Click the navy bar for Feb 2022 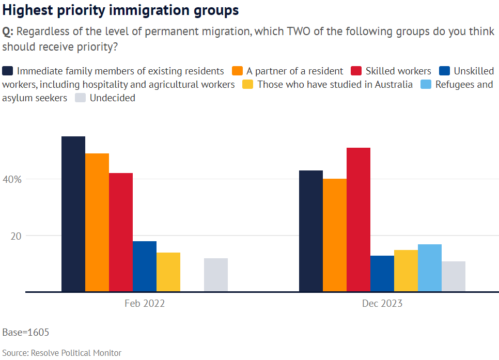(73, 214)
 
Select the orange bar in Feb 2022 (97, 222)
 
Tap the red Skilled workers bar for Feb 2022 (121, 232)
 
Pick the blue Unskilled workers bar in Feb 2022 (145, 266)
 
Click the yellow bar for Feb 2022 (168, 272)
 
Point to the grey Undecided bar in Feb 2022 (216, 275)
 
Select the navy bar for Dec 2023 (311, 231)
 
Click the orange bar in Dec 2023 (335, 235)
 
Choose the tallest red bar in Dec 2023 (358, 220)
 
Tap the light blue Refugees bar (430, 268)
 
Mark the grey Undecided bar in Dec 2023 (454, 276)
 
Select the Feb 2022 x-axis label (145, 304)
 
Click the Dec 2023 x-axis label (382, 304)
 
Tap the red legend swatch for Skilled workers (356, 71)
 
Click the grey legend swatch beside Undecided (81, 98)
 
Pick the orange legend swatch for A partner (238, 71)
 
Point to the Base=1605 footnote (26, 332)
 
